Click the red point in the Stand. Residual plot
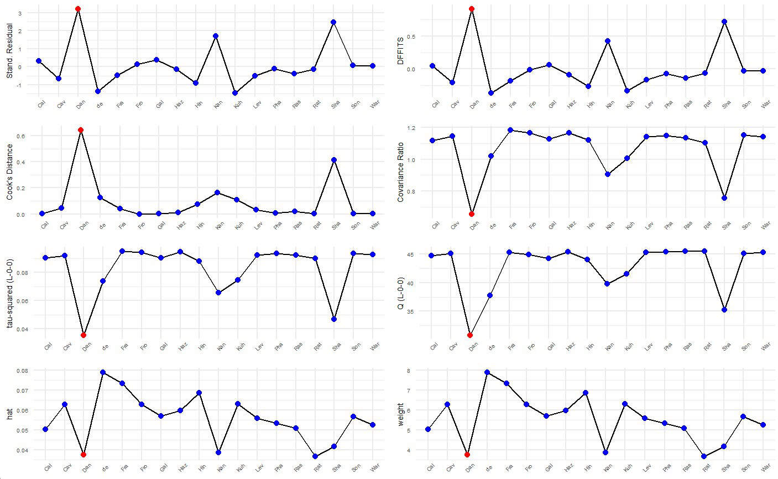tap(78, 9)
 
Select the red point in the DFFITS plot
tap(472, 9)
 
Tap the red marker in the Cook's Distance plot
tap(81, 130)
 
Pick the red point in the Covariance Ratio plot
tap(472, 214)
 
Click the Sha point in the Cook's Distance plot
tap(334, 160)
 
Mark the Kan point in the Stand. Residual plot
tap(216, 36)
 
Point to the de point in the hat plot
tap(103, 372)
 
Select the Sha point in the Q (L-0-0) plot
tap(725, 310)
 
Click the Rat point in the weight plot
tap(704, 456)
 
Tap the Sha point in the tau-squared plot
tap(334, 319)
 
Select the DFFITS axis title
tap(401, 53)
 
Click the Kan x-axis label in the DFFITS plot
tap(609, 104)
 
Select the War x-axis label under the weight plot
tap(765, 469)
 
